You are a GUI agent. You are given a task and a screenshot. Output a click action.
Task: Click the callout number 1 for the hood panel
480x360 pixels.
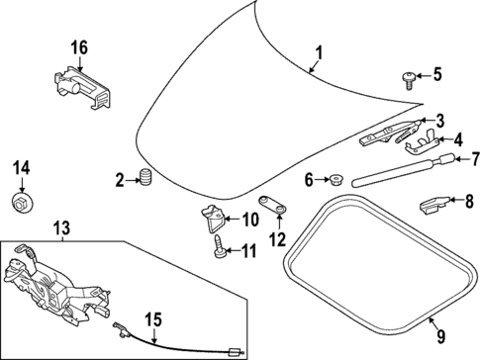tap(318, 52)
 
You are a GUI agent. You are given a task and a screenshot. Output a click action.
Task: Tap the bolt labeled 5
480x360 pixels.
tap(407, 75)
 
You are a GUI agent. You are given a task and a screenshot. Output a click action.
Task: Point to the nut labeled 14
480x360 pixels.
tap(21, 203)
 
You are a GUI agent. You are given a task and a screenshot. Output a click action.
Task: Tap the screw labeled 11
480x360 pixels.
tap(218, 248)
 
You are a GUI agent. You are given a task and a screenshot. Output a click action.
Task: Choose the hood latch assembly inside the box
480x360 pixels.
tap(49, 287)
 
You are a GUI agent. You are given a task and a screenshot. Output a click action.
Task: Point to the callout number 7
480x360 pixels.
tap(473, 157)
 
